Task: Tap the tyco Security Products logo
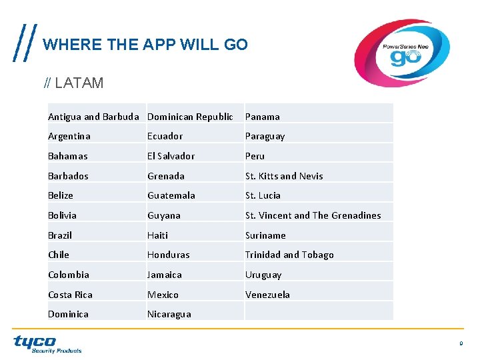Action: pos(47,344)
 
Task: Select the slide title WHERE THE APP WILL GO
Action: pos(145,45)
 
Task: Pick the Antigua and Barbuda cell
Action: pos(94,117)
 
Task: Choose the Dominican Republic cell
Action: pos(190,117)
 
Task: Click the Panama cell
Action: pos(263,117)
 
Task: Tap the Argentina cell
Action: pos(69,136)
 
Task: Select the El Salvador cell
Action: pos(171,156)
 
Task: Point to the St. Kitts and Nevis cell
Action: pos(284,176)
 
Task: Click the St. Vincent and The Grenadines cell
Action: pos(313,215)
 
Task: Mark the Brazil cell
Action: pos(60,235)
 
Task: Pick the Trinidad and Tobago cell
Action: pos(289,255)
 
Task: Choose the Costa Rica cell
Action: pos(70,295)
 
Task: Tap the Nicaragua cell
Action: pos(169,314)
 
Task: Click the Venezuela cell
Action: pos(267,295)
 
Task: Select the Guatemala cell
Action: pos(171,195)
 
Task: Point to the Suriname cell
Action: pos(265,235)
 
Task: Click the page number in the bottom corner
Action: pos(460,343)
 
